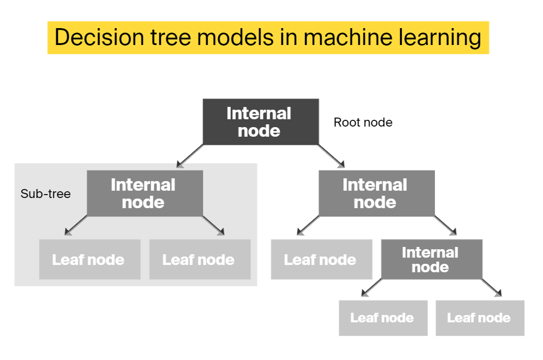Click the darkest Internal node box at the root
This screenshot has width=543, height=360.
tap(260, 122)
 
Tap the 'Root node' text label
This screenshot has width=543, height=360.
tap(363, 122)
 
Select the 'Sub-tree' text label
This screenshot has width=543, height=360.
tap(46, 194)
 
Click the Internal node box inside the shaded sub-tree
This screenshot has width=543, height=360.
tap(145, 193)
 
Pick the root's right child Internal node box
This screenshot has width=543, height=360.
tap(376, 193)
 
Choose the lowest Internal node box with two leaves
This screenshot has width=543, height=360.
tap(431, 259)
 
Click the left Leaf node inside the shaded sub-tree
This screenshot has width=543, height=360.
tap(89, 259)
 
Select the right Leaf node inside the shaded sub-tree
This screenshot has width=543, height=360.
tap(200, 259)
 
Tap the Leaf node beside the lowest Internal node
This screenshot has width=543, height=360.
tap(321, 259)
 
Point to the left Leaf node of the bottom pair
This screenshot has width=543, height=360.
tap(383, 318)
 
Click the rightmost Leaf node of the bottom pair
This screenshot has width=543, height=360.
tap(479, 318)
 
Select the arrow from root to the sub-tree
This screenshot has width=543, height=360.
tap(190, 156)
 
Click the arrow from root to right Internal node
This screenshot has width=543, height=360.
tap(331, 156)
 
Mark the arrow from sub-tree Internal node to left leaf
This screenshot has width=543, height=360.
tap(76, 226)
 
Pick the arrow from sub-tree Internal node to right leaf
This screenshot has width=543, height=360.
tap(214, 226)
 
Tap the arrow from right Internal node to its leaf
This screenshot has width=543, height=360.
tap(308, 226)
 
